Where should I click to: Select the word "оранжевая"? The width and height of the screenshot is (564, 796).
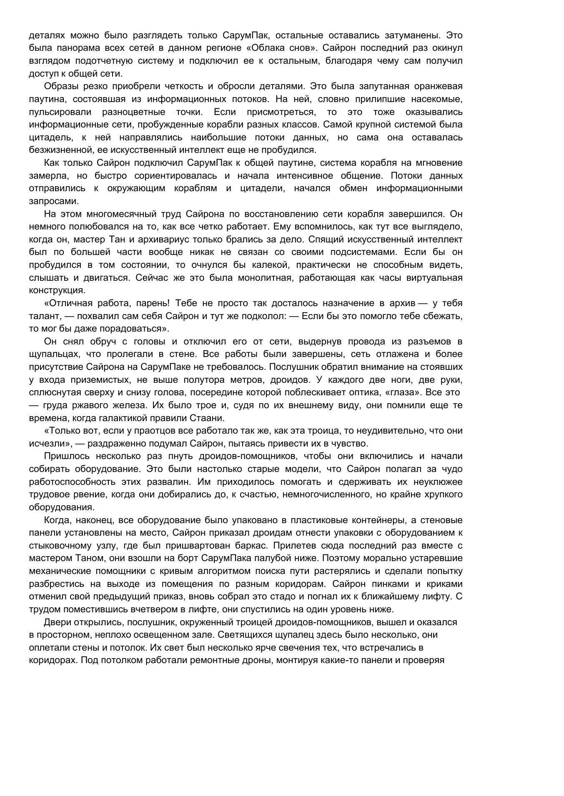(x=438, y=86)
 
